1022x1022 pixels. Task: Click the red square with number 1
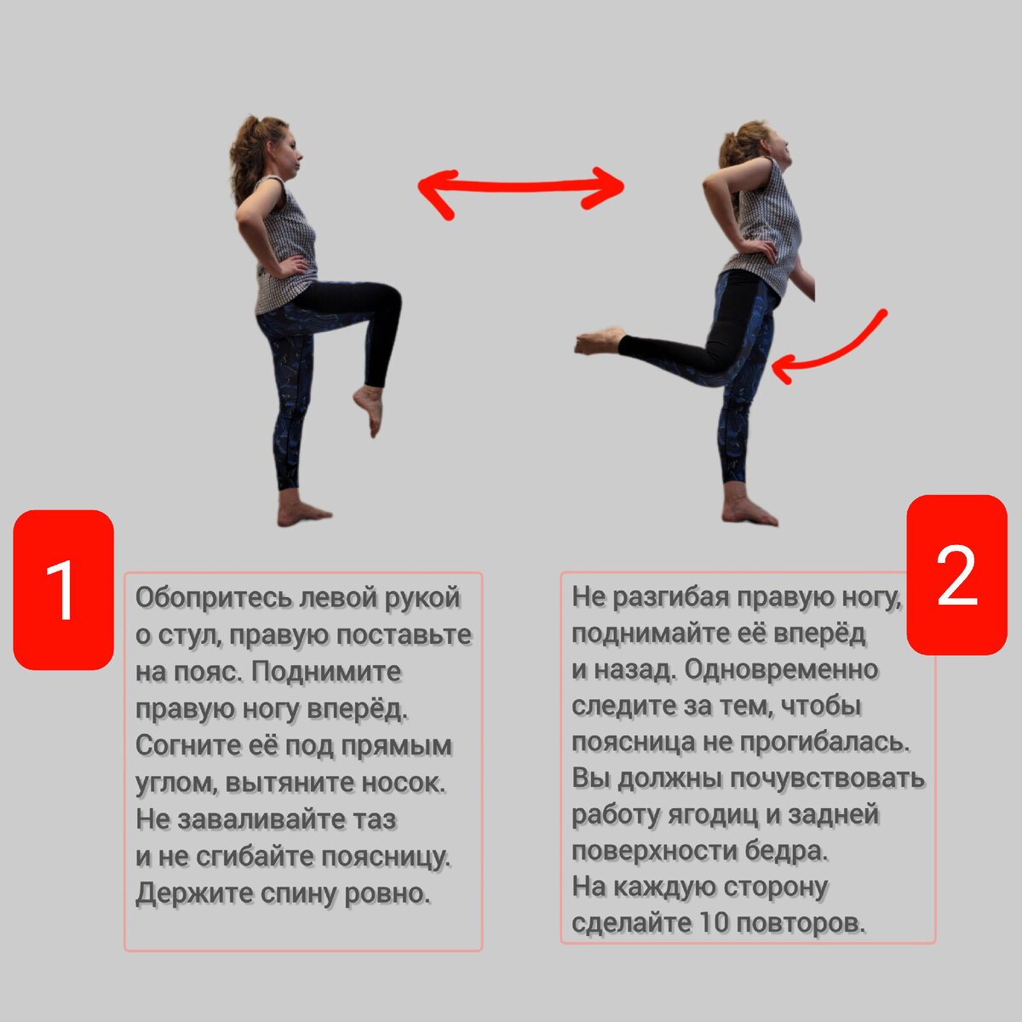[x=63, y=589]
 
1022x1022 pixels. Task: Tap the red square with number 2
[x=956, y=575]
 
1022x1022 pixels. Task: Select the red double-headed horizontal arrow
[x=521, y=188]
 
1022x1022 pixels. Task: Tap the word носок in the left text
[x=402, y=783]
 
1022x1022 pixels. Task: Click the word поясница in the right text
[x=634, y=743]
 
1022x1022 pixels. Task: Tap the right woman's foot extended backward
[x=598, y=340]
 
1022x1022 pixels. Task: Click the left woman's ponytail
[x=242, y=162]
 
